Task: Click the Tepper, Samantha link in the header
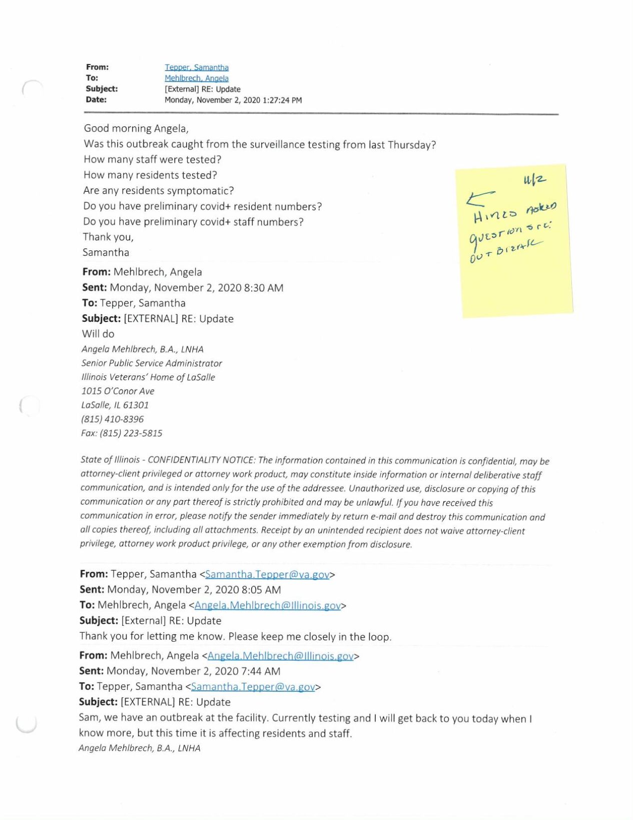(197, 68)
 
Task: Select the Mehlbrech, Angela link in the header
(197, 79)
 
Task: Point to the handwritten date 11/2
(534, 180)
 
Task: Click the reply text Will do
(98, 334)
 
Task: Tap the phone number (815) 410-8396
(113, 419)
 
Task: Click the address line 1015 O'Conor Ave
(118, 391)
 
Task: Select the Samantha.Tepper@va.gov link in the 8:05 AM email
(267, 574)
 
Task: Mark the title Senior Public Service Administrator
(152, 363)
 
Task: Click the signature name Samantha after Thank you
(106, 252)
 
